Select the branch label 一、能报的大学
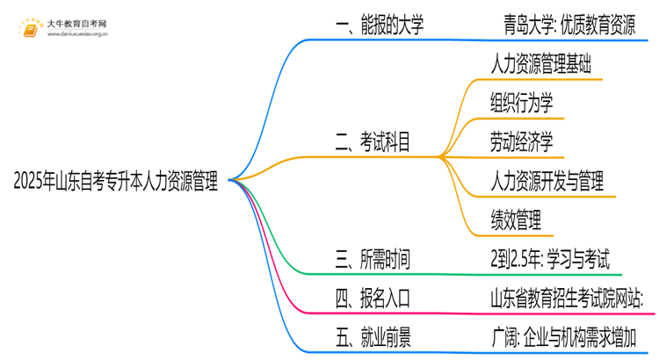(x=380, y=25)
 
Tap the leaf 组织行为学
(x=522, y=104)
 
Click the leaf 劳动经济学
(x=522, y=142)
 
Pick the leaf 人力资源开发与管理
(x=547, y=182)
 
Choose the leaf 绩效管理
(x=516, y=220)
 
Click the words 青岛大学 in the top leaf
(x=521, y=25)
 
